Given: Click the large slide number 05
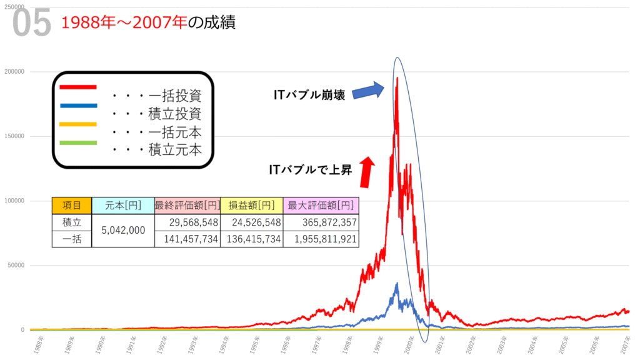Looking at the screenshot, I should click(31, 24).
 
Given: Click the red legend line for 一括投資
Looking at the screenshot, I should click(78, 87).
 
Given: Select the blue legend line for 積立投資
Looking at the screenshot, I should click(78, 105).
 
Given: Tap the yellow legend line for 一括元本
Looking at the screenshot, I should click(78, 124).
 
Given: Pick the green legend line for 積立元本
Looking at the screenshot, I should click(78, 142).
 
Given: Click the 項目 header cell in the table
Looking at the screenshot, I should click(71, 206).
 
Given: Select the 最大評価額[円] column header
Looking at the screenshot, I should click(321, 206).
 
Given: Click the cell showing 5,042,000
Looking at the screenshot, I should click(122, 230).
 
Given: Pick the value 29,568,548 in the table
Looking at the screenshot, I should click(187, 222).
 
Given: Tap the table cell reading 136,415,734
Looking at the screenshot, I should click(251, 239).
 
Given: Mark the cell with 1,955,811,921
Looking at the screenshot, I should click(321, 239).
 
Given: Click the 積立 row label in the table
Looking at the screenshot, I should click(71, 222).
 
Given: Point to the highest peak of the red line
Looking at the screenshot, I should click(397, 78).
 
